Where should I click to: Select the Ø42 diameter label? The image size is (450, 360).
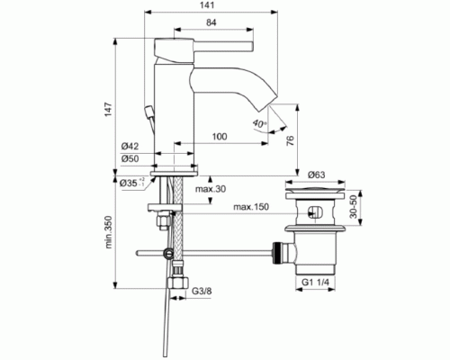(x=131, y=147)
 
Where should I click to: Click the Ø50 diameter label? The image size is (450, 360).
(x=131, y=159)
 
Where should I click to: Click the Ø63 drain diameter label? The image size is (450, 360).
(x=316, y=175)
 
